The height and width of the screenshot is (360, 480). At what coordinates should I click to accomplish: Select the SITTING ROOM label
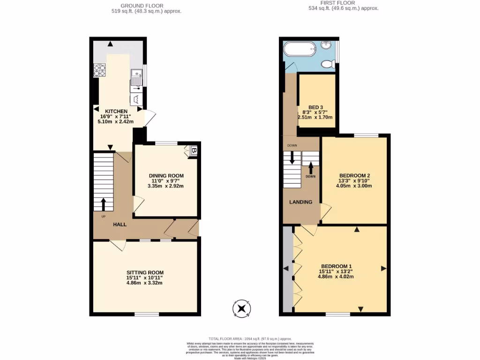(x=145, y=272)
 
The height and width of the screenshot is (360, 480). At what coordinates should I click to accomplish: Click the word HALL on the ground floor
(x=120, y=225)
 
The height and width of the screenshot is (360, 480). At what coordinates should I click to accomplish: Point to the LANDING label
(x=300, y=202)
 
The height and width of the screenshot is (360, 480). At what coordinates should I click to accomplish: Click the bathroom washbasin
(x=327, y=45)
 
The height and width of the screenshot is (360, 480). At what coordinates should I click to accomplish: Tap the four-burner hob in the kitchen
(x=100, y=70)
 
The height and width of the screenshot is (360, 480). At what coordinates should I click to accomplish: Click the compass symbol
(x=242, y=308)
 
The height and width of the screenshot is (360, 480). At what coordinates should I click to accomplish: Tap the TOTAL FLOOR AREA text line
(x=250, y=338)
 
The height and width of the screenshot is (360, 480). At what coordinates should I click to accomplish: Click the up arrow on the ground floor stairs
(x=104, y=204)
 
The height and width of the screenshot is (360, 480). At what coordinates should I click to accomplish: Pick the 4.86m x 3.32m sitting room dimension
(x=145, y=283)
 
